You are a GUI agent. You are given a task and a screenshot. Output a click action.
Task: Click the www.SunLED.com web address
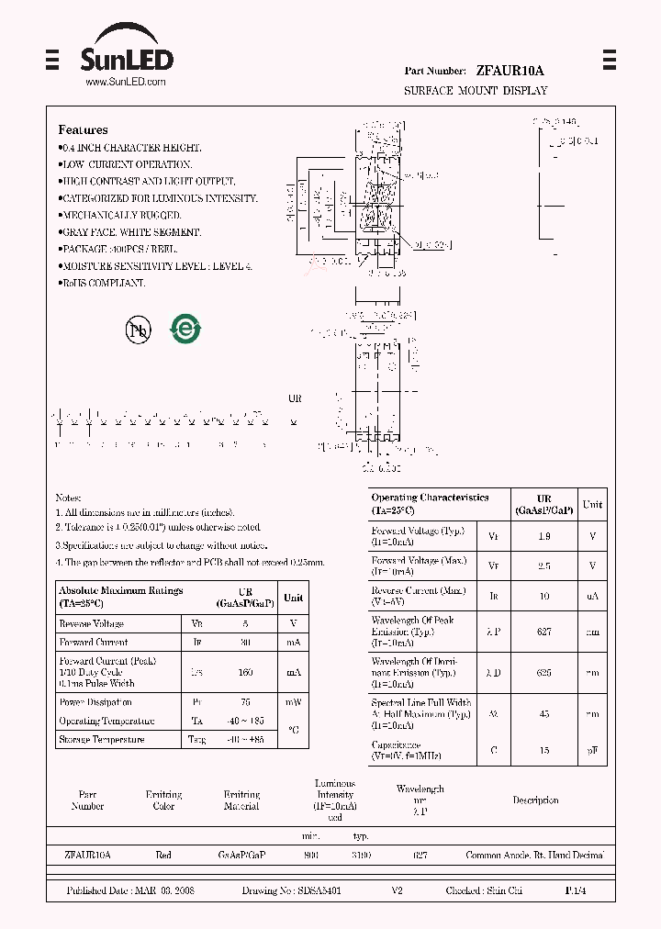point(126,83)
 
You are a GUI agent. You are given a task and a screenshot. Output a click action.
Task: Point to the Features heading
point(83,130)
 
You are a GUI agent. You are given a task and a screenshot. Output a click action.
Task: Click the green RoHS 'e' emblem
point(185,329)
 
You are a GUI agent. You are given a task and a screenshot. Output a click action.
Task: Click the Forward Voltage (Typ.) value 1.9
point(543,536)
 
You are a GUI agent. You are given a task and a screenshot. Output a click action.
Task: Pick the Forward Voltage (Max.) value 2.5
point(543,566)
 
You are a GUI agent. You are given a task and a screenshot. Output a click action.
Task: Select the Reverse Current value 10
point(543,597)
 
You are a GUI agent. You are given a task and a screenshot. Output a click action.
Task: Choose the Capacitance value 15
point(543,750)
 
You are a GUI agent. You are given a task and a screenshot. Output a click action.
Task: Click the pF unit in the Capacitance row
point(592,750)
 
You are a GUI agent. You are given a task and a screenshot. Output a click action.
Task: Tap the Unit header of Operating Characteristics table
point(593,504)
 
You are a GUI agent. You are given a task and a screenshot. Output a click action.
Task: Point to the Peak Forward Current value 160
point(245,672)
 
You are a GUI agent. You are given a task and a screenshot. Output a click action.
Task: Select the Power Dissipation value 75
point(245,702)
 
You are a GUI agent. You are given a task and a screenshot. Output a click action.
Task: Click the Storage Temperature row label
point(102,739)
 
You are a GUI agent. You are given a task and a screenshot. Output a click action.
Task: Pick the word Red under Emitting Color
point(163,855)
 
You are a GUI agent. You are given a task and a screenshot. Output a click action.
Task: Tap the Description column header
point(535,800)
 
